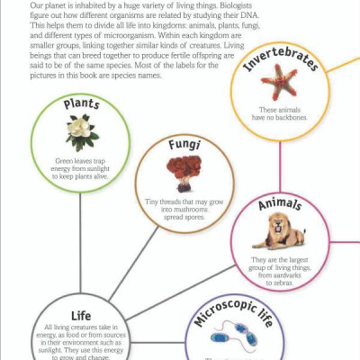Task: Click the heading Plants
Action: click(x=82, y=105)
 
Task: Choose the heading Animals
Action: click(x=280, y=205)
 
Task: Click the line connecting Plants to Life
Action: click(x=81, y=234)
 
